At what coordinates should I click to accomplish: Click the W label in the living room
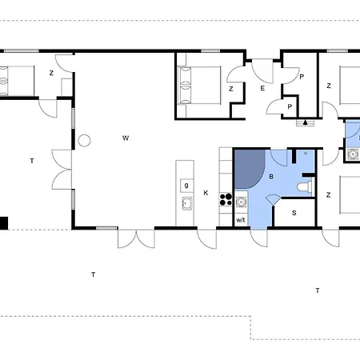click(x=126, y=138)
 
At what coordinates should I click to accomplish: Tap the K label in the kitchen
click(x=206, y=193)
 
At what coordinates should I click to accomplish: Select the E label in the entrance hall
click(x=262, y=88)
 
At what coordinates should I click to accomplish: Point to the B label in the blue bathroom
click(x=271, y=177)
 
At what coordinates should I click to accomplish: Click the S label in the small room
click(x=294, y=213)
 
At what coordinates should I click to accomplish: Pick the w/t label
click(x=241, y=220)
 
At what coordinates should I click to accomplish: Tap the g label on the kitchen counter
click(x=186, y=185)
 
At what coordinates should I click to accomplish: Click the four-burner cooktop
click(x=226, y=200)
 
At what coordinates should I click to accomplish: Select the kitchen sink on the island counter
click(x=186, y=203)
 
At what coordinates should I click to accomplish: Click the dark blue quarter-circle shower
click(x=250, y=169)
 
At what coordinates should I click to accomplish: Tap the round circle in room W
click(x=84, y=141)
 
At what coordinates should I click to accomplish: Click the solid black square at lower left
click(x=4, y=223)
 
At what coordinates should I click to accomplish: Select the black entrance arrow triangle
click(x=306, y=122)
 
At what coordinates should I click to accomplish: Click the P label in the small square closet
click(x=290, y=107)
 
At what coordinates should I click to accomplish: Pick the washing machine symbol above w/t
click(x=241, y=202)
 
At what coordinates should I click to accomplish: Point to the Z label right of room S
click(x=329, y=195)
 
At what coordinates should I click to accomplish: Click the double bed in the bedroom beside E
click(x=200, y=86)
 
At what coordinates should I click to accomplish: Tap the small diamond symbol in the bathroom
click(x=306, y=154)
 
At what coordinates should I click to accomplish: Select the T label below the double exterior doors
click(x=93, y=274)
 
